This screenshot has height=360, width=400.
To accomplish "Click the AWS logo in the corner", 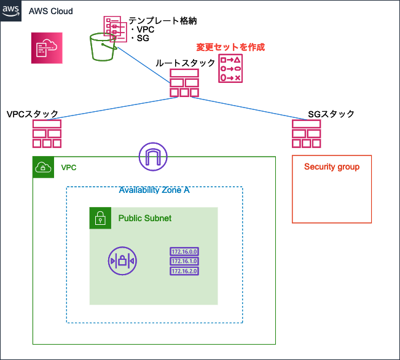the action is coord(10,10).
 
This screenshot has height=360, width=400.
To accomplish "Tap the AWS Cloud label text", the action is coord(51,11).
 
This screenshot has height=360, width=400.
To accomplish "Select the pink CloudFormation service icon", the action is coord(47,48).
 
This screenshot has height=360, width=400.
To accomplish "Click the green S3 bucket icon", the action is coord(103,47).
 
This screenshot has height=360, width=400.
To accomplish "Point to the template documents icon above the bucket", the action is coord(116,29).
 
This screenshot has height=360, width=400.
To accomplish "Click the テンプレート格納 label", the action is coord(163,21).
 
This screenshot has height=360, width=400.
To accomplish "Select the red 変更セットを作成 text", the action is coord(230,47).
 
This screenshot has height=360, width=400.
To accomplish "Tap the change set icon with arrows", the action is coord(230,68).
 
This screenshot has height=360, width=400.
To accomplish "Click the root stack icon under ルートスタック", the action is coord(184,83).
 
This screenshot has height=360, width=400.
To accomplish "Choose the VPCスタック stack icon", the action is coord(47,134).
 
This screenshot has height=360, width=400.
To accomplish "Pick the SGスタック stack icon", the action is coord(307,134).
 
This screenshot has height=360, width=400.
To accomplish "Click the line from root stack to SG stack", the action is coord(249,109).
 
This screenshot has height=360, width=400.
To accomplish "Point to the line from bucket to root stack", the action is coord(144,65).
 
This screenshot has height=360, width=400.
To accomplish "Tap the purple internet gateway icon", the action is coord(153,157).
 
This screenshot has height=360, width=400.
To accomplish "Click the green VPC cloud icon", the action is coord(44,167).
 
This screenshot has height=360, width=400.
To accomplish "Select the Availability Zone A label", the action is coord(154,190).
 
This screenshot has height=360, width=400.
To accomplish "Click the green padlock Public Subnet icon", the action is coord(100,218).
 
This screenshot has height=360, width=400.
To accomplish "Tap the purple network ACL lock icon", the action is coord(122,260).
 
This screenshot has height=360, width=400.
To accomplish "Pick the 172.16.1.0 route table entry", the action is coord(184,261).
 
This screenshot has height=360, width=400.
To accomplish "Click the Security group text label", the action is coord(332,166).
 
